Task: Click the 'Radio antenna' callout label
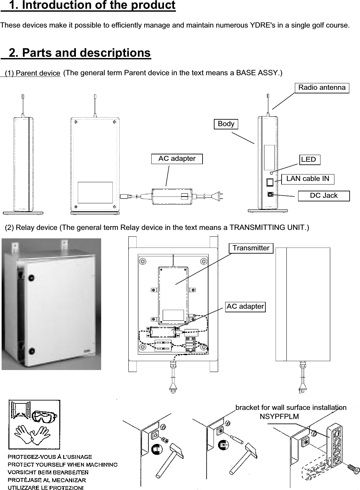pyautogui.click(x=322, y=88)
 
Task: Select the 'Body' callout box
pyautogui.click(x=226, y=124)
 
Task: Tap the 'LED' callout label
pyautogui.click(x=309, y=160)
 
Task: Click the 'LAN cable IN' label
pyautogui.click(x=308, y=179)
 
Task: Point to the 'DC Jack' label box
pyautogui.click(x=323, y=196)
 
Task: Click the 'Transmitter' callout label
pyautogui.click(x=251, y=248)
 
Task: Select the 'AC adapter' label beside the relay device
pyautogui.click(x=245, y=306)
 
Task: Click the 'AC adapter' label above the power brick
pyautogui.click(x=177, y=159)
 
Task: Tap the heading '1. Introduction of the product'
pyautogui.click(x=92, y=6)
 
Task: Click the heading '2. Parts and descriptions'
pyautogui.click(x=80, y=53)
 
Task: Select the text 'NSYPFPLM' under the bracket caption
pyautogui.click(x=279, y=416)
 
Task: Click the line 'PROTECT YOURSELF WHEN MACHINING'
pyautogui.click(x=63, y=464)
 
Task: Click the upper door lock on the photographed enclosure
pyautogui.click(x=31, y=278)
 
